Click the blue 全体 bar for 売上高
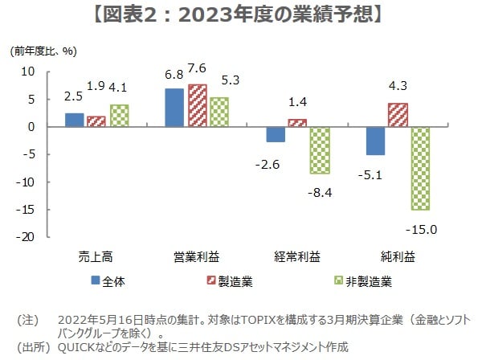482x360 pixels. [74, 120]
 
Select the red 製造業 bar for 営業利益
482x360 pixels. [197, 106]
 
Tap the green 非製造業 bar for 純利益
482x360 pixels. [420, 168]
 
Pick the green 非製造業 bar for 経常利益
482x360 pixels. [321, 150]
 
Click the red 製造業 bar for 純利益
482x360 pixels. [398, 115]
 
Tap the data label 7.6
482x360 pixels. [197, 67]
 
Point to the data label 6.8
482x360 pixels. [174, 74]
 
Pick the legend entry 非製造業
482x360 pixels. [369, 281]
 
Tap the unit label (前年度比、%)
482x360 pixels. [43, 51]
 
